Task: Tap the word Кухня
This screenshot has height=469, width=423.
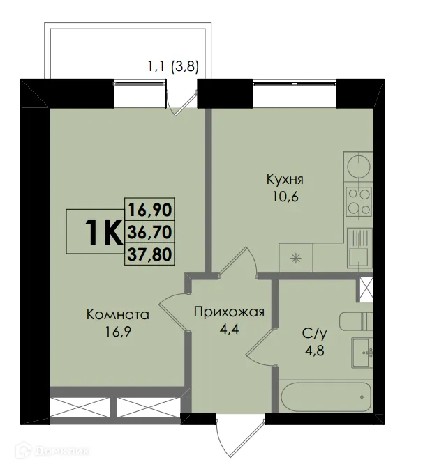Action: click(285, 179)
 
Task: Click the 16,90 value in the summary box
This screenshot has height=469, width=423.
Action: click(149, 208)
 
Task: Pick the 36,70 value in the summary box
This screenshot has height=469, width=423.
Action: click(149, 231)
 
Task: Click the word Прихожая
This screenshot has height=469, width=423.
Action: click(229, 311)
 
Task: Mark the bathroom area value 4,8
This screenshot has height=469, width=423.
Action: click(312, 351)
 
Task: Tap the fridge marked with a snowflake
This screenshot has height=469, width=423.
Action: click(297, 259)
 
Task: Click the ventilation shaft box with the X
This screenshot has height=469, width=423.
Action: click(366, 289)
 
